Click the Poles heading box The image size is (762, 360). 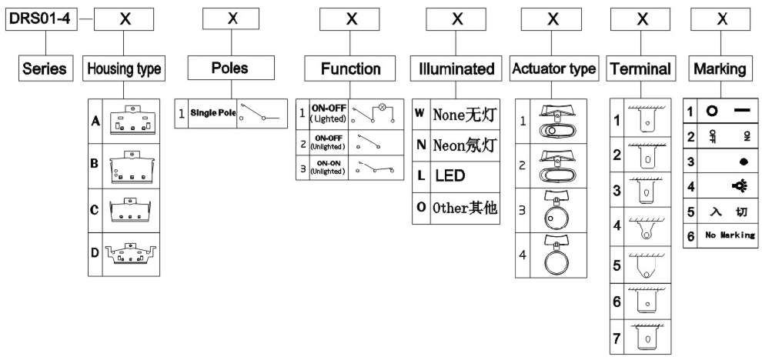[229, 68]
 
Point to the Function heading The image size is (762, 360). [351, 68]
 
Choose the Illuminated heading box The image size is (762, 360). [456, 68]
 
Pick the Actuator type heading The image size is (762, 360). [553, 68]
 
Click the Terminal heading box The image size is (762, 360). [640, 68]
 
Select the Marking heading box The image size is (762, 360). [720, 68]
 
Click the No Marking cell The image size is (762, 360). [727, 235]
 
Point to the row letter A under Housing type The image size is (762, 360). [95, 122]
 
